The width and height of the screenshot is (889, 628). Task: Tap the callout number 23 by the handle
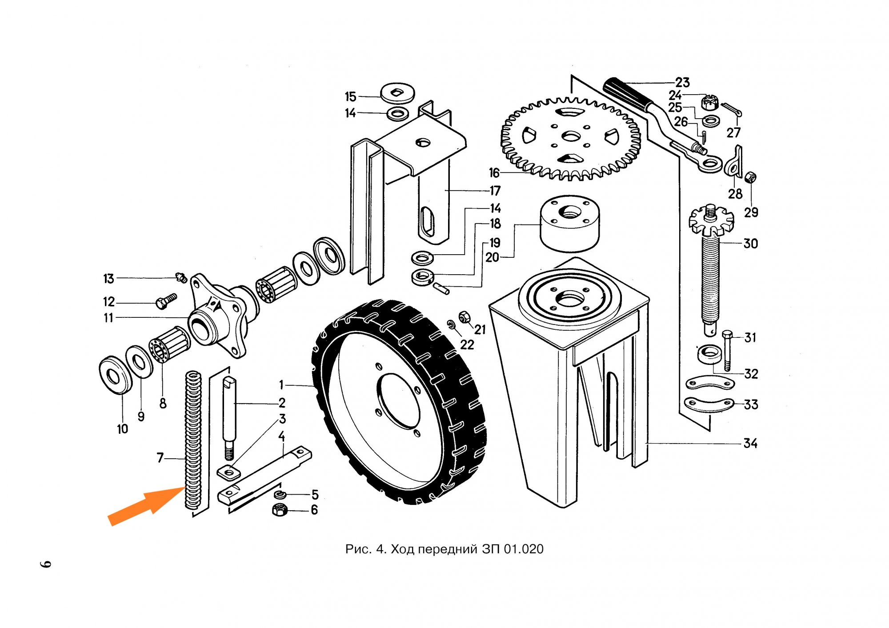[682, 82]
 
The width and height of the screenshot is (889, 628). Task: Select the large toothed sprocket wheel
[571, 138]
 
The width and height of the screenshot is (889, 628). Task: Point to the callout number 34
[750, 443]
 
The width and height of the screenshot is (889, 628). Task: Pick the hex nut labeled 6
[280, 510]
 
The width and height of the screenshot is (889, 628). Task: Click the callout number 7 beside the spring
[160, 457]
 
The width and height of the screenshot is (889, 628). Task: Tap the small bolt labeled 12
[166, 301]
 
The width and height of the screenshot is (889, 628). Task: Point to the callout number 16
[494, 172]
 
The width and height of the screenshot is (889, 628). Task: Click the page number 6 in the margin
[46, 564]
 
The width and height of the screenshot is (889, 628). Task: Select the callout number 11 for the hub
[108, 318]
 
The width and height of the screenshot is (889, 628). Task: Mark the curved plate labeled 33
[709, 404]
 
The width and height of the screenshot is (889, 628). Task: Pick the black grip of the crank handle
[627, 93]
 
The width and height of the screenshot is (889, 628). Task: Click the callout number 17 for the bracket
[495, 191]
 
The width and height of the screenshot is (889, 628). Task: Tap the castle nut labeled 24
[709, 103]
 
